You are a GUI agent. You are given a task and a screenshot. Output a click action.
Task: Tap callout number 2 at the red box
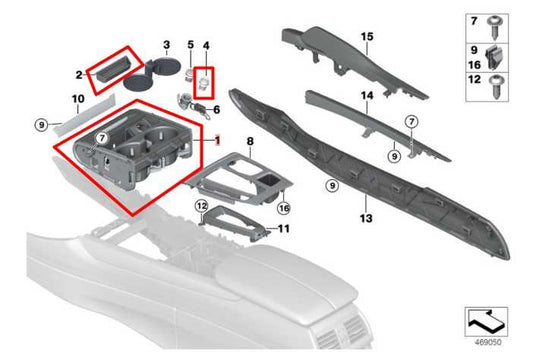click(78, 74)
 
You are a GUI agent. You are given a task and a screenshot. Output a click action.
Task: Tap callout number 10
click(76, 99)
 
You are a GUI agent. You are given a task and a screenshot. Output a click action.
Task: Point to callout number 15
click(366, 37)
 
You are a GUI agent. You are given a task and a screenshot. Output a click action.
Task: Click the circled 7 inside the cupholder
click(101, 135)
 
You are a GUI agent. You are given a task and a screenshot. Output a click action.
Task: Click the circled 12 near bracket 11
click(201, 206)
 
